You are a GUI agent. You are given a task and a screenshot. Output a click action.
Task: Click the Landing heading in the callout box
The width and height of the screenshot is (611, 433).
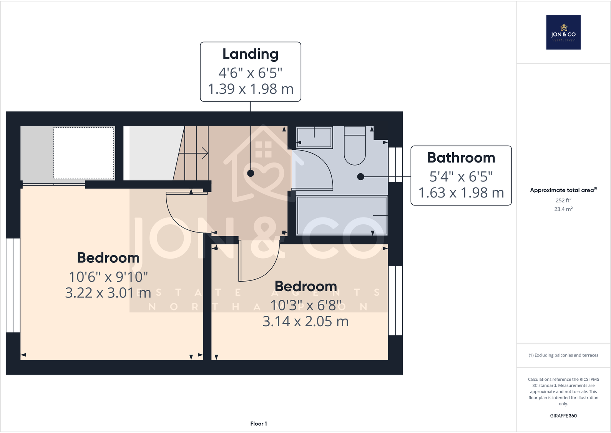click(251, 54)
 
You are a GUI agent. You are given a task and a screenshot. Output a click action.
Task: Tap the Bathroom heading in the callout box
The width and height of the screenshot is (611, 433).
click(461, 158)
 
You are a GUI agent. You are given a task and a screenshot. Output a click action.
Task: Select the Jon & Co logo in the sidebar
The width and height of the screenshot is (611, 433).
click(563, 32)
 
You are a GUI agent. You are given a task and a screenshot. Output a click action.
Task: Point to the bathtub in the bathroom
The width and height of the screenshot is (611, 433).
click(342, 216)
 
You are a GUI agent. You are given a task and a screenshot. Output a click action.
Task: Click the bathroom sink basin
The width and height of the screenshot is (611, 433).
click(314, 138)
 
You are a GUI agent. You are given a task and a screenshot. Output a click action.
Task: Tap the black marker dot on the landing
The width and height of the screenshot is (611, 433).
click(251, 173)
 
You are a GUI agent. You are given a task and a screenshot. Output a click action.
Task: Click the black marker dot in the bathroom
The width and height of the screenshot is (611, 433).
click(360, 177)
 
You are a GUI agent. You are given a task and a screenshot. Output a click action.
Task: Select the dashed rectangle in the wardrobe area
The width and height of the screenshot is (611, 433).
click(84, 153)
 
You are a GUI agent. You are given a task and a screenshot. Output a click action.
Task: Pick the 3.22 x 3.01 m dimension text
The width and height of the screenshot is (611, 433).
click(108, 293)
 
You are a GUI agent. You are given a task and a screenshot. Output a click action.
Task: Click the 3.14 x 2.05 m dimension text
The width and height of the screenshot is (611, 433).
click(305, 322)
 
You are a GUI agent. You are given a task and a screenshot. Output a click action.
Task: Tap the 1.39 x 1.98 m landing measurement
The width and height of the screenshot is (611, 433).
click(251, 89)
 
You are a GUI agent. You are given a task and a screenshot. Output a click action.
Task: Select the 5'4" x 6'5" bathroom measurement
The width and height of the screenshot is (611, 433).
click(461, 177)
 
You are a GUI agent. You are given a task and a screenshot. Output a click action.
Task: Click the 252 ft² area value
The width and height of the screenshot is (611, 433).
click(563, 200)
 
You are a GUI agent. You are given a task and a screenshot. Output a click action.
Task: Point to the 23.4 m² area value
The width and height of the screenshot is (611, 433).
click(563, 209)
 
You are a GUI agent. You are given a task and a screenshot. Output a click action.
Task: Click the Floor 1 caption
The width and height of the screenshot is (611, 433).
click(258, 424)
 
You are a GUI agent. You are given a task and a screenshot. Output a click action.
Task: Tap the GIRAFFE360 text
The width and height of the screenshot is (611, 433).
click(563, 416)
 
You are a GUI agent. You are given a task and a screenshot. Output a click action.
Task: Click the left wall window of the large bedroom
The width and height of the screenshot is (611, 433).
click(13, 285)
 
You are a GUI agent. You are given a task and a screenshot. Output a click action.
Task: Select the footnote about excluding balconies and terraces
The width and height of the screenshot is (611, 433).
click(563, 355)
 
